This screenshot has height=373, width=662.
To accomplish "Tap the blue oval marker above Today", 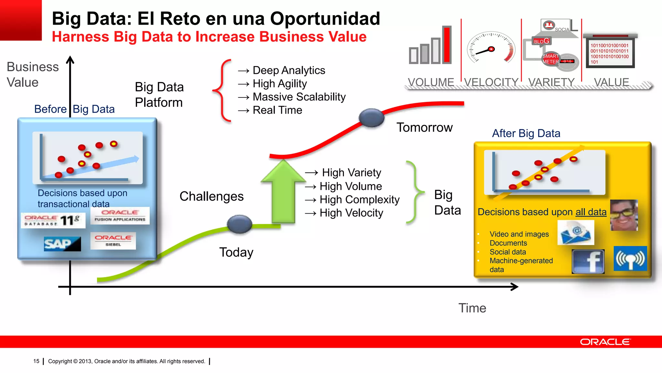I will pyautogui.click(x=239, y=224).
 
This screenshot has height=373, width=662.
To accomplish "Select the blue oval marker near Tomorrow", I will pyautogui.click(x=371, y=118).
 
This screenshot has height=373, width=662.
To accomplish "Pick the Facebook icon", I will pyautogui.click(x=588, y=261).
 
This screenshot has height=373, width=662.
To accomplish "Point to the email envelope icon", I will pyautogui.click(x=576, y=232).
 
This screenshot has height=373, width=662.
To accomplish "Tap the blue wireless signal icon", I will pyautogui.click(x=630, y=258).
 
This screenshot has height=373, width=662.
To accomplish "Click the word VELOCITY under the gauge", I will pyautogui.click(x=491, y=82).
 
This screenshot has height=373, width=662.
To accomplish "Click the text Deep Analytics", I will pyautogui.click(x=289, y=70).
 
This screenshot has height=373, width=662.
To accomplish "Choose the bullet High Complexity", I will pyautogui.click(x=359, y=199).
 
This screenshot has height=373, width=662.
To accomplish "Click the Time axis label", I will pyautogui.click(x=472, y=308).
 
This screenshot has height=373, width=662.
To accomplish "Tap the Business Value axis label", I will pyautogui.click(x=32, y=74).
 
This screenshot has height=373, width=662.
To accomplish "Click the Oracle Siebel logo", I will pyautogui.click(x=113, y=241).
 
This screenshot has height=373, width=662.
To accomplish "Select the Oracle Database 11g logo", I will pyautogui.click(x=53, y=220).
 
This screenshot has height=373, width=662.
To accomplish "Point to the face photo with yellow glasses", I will pyautogui.click(x=624, y=215).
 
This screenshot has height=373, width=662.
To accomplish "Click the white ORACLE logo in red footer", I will pyautogui.click(x=605, y=342).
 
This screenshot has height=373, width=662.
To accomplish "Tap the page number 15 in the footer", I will pyautogui.click(x=36, y=361).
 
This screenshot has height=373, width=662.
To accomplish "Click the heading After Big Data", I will pyautogui.click(x=526, y=133).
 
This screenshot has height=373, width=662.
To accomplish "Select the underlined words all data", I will pyautogui.click(x=591, y=212).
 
